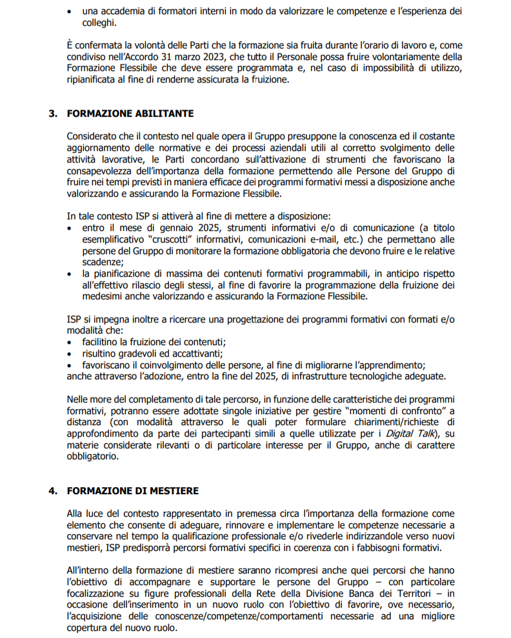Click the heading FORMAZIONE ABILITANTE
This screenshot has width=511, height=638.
pos(130,114)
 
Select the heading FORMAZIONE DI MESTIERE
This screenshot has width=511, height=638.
pos(132,491)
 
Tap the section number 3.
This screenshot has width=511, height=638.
pos(52,114)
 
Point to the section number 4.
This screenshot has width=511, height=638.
pos(52,491)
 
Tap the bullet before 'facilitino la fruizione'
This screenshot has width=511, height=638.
pos(70,343)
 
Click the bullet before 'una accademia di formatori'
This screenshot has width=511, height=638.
pos(70,12)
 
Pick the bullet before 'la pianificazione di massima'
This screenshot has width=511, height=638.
pos(70,274)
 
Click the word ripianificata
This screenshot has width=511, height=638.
pos(94,80)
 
